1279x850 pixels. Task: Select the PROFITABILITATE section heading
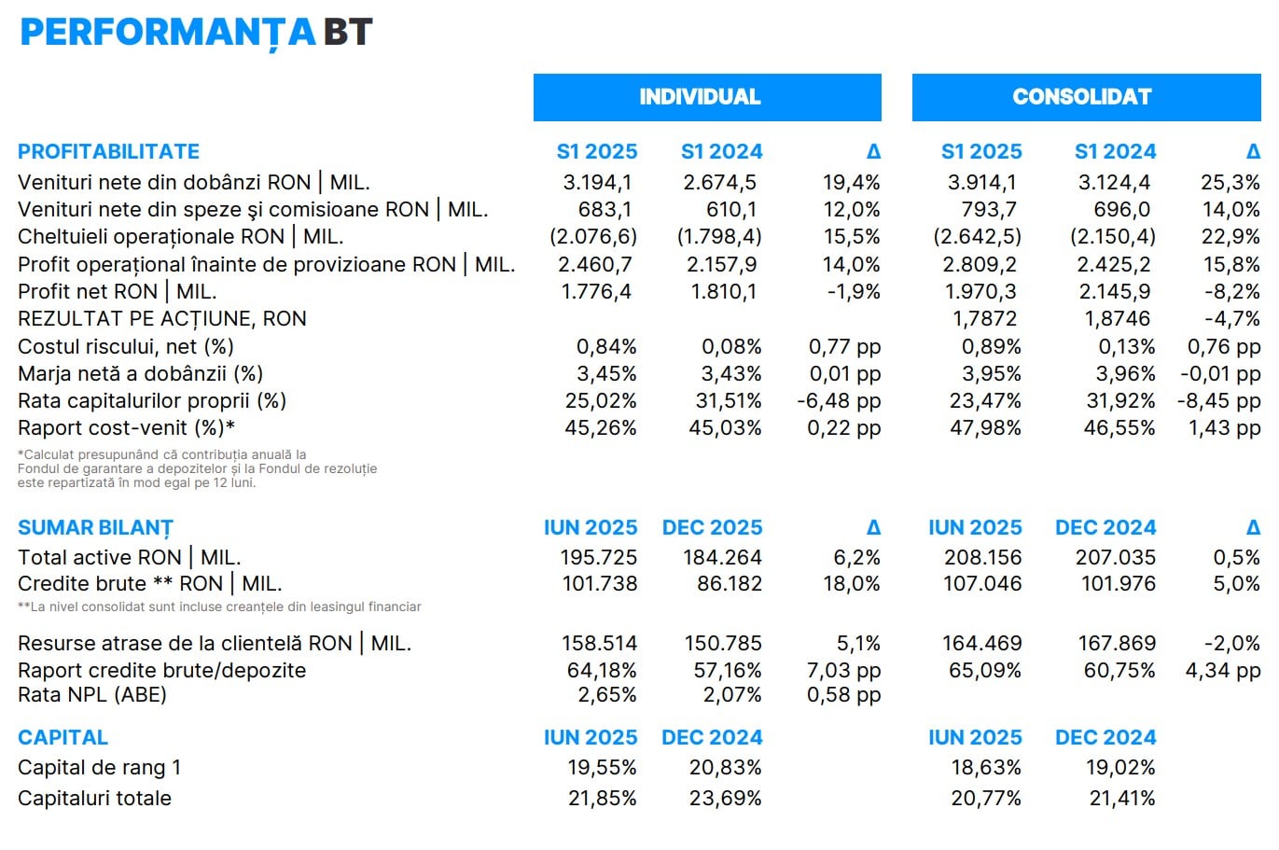pos(108,151)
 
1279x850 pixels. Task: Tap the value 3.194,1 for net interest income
pos(597,183)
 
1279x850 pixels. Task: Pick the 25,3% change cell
pos(1230,183)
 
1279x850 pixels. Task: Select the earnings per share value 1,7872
pos(984,319)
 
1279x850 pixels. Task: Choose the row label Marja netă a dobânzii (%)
pos(140,374)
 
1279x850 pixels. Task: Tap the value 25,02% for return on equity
pos(601,401)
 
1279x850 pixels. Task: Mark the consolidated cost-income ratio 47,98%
pos(985,428)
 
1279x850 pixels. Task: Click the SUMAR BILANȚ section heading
pos(95,528)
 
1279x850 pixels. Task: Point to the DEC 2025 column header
pos(712,528)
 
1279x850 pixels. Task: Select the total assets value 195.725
pos(598,558)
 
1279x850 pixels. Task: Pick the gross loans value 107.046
pos(982,584)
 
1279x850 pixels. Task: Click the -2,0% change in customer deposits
pos(1231,644)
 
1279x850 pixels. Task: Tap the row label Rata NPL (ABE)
pos(92,695)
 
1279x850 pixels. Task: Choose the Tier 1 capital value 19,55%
pos(603,768)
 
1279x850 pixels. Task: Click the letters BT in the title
pos(348,33)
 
